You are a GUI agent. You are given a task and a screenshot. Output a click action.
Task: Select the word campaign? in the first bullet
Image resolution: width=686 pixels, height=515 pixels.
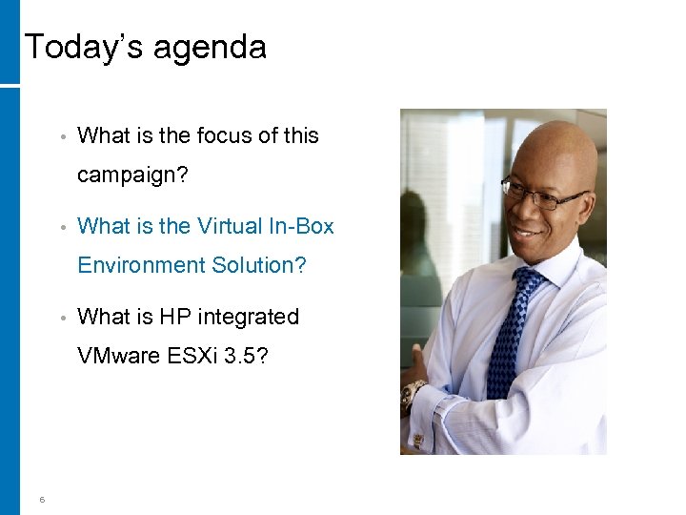click(x=131, y=175)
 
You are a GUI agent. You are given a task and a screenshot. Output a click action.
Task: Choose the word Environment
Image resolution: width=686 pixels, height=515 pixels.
click(x=140, y=265)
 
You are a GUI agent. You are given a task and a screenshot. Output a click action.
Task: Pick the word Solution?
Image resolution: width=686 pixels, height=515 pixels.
click(x=258, y=265)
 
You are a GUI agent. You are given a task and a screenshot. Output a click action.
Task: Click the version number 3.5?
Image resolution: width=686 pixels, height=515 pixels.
click(x=248, y=356)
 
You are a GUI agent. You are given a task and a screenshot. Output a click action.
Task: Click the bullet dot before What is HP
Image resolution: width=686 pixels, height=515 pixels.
click(x=61, y=318)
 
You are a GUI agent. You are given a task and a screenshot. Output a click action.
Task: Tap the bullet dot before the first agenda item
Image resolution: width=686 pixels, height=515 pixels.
click(x=61, y=136)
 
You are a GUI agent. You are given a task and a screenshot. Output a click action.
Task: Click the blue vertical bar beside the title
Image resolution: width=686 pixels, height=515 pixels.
click(x=10, y=42)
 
